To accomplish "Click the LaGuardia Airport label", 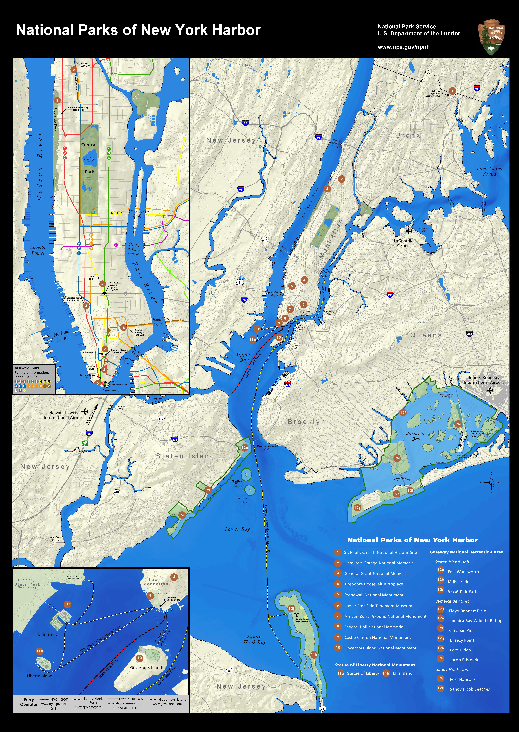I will (x=403, y=243).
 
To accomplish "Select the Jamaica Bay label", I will (x=415, y=436).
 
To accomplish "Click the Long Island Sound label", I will (x=489, y=171).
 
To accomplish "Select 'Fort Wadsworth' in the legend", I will (x=463, y=572).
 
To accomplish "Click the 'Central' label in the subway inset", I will (x=89, y=145).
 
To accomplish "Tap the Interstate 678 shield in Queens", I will (x=469, y=334).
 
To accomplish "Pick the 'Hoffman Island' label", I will (x=238, y=484).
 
